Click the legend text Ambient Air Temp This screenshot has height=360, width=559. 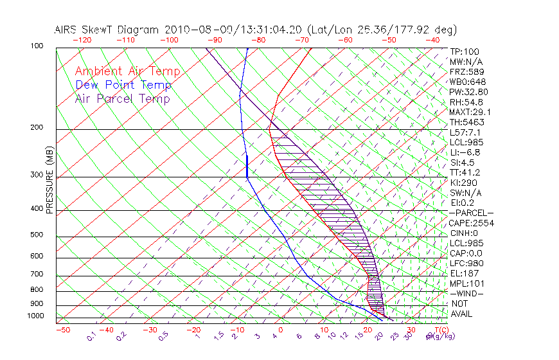(x=127, y=72)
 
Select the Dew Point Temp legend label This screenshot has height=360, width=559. (x=123, y=85)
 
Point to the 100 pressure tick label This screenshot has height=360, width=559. (x=37, y=46)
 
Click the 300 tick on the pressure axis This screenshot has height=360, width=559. (x=37, y=175)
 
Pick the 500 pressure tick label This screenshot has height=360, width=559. (x=37, y=235)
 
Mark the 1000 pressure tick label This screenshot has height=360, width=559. (x=35, y=316)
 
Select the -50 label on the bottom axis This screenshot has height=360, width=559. (x=62, y=330)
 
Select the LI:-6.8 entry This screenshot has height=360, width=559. (x=465, y=152)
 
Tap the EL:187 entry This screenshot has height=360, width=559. (x=465, y=273)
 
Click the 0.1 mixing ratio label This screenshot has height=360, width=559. (x=91, y=336)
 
